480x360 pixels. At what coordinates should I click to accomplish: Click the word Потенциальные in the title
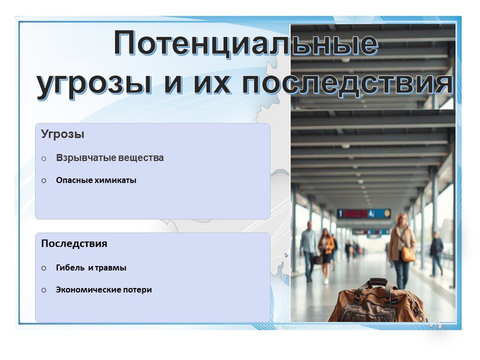(x=246, y=43)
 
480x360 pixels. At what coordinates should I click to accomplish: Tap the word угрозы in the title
(x=94, y=84)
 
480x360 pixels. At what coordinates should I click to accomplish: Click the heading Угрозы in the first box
(x=62, y=134)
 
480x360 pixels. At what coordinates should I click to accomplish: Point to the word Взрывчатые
(x=85, y=158)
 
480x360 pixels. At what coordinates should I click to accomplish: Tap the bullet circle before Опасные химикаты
(x=44, y=180)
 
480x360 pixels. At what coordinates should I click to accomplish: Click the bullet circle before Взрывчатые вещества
(x=44, y=158)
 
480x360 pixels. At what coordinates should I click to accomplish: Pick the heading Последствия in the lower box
(x=74, y=243)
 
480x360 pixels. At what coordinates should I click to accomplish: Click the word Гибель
(x=70, y=267)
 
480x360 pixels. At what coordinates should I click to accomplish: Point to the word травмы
(x=110, y=268)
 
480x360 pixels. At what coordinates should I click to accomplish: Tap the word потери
(x=137, y=290)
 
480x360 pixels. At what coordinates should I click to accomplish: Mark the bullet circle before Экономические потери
(x=44, y=290)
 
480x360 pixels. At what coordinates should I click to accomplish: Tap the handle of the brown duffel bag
(x=377, y=282)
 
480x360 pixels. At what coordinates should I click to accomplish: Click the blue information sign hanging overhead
(x=363, y=213)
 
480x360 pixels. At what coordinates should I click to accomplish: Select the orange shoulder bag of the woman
(x=408, y=253)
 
